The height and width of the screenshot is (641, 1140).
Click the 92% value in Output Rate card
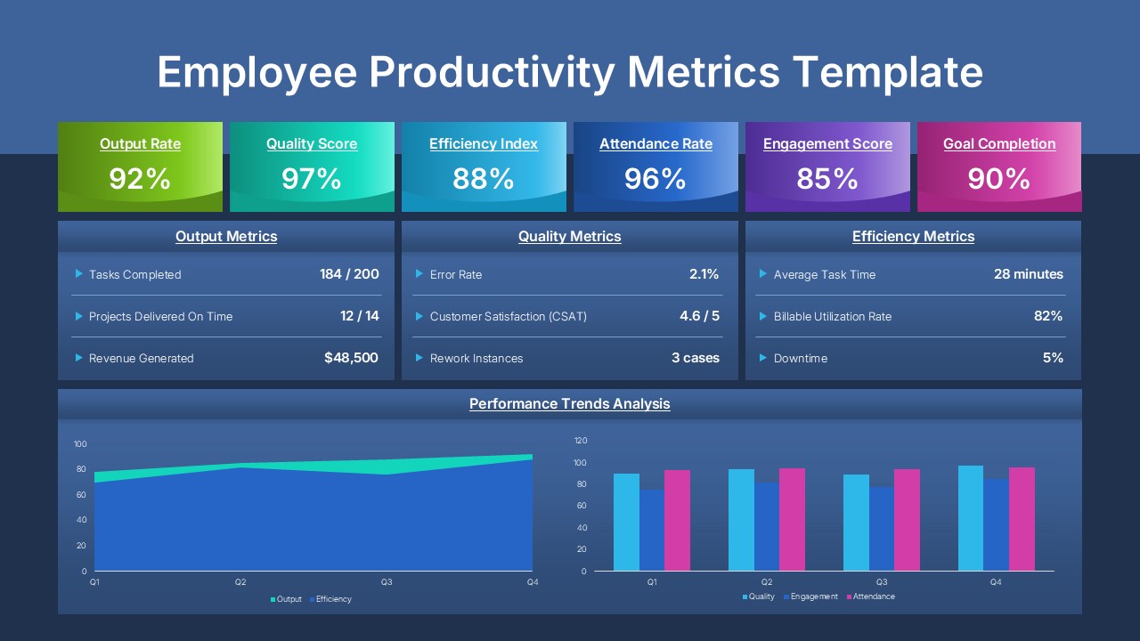pyautogui.click(x=140, y=179)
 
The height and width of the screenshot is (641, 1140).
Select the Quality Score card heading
pyautogui.click(x=312, y=144)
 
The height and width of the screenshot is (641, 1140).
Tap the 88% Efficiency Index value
pyautogui.click(x=484, y=179)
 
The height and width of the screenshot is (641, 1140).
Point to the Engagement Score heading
pyautogui.click(x=827, y=144)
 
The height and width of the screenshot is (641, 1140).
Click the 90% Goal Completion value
pyautogui.click(x=999, y=179)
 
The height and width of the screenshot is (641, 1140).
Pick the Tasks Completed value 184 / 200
pyautogui.click(x=349, y=274)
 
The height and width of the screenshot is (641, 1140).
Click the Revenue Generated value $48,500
pyautogui.click(x=351, y=358)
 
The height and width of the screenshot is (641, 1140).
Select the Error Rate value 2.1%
pyautogui.click(x=704, y=274)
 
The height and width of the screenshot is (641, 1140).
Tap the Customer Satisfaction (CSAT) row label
pyautogui.click(x=508, y=317)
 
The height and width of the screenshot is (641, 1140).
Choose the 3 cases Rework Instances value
pyautogui.click(x=695, y=358)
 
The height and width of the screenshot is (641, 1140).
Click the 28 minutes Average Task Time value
pyautogui.click(x=1028, y=274)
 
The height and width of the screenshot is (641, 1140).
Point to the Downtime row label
pyautogui.click(x=800, y=359)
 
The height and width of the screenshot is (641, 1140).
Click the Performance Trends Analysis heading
pyautogui.click(x=570, y=404)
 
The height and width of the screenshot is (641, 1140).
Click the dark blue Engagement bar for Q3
pyautogui.click(x=882, y=529)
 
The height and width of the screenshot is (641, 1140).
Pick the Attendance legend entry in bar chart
pyautogui.click(x=873, y=596)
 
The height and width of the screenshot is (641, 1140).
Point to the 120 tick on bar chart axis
pyautogui.click(x=581, y=441)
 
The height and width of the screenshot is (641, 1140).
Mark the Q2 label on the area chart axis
pyautogui.click(x=240, y=582)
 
